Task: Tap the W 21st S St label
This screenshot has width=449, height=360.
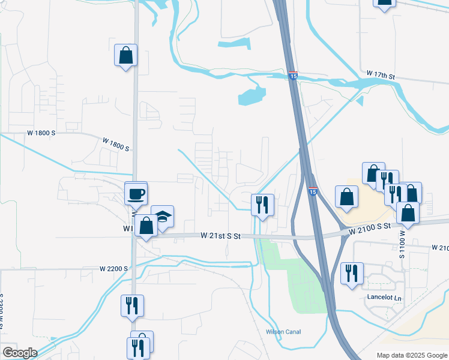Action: point(220,236)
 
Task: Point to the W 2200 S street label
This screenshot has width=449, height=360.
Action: point(114,268)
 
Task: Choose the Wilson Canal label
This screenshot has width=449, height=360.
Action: point(283,332)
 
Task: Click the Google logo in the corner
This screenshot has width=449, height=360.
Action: point(20,352)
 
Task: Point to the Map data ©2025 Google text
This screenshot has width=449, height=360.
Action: point(412,355)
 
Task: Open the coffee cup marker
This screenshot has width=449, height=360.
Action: point(136,193)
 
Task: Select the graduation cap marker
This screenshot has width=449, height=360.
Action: point(161,217)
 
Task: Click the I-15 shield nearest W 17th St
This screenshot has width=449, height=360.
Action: point(293,76)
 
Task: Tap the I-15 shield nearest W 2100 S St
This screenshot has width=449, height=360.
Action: point(313,191)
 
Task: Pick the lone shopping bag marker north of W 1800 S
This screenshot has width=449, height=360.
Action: point(126,55)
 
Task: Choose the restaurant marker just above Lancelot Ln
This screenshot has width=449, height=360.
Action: point(351,272)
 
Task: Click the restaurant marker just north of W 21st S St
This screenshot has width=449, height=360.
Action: point(262,204)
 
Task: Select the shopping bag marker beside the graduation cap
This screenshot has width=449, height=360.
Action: point(146,226)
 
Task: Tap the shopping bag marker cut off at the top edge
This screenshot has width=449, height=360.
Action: point(384,3)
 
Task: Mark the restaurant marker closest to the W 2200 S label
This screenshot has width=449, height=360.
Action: point(132,305)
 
